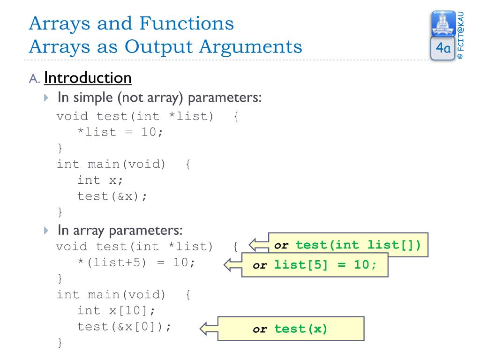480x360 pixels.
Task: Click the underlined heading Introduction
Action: click(x=88, y=78)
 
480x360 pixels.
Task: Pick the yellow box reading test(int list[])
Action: click(x=348, y=245)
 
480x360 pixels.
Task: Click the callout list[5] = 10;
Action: click(x=315, y=265)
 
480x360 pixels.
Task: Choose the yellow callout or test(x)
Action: click(x=291, y=329)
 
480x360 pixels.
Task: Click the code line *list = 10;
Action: click(x=120, y=132)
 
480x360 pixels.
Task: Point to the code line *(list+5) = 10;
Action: click(x=136, y=262)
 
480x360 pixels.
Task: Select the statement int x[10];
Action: click(x=116, y=310)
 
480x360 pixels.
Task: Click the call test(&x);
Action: click(x=112, y=196)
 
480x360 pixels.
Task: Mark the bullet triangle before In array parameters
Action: click(x=45, y=231)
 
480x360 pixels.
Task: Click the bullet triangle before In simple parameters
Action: click(x=45, y=98)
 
